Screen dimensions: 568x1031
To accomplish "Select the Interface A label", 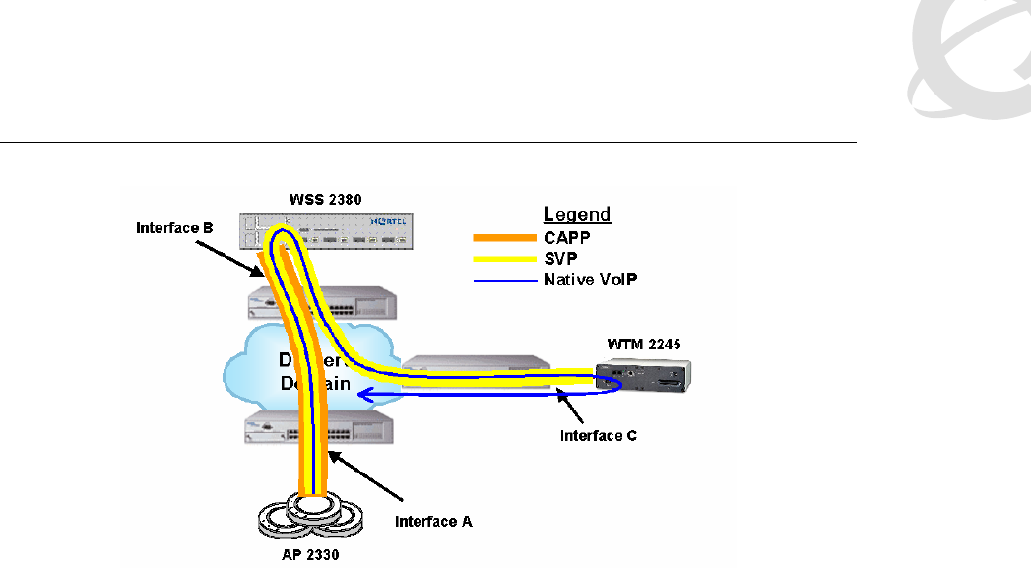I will click(433, 521).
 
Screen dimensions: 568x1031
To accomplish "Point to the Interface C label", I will click(598, 435).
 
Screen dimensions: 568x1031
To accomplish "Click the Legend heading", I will click(577, 214).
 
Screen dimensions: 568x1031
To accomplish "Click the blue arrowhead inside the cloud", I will click(363, 396).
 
